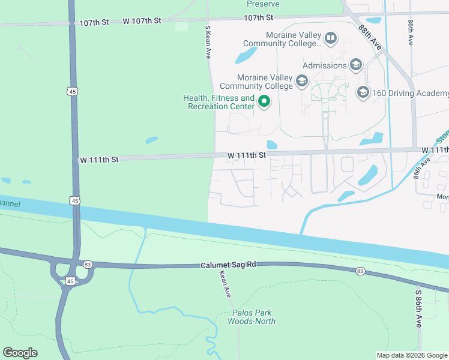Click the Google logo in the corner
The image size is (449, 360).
coord(20,353)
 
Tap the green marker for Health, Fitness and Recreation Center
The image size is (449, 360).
coord(264,101)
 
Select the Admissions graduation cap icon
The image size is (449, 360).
coord(356,65)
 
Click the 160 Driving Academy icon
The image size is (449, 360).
coord(363,92)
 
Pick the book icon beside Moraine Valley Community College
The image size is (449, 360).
coord(330,39)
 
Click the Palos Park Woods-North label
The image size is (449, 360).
coord(252,317)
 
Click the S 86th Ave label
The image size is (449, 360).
coord(418,308)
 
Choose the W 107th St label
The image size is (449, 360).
coord(142,21)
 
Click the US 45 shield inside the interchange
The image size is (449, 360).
coord(70,281)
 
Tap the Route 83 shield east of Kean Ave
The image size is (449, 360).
coord(360,272)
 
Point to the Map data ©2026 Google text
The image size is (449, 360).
coord(412,355)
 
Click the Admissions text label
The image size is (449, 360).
coord(324,65)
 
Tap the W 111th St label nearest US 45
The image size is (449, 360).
coord(99,160)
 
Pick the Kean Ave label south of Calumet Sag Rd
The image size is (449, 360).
coord(225,284)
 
